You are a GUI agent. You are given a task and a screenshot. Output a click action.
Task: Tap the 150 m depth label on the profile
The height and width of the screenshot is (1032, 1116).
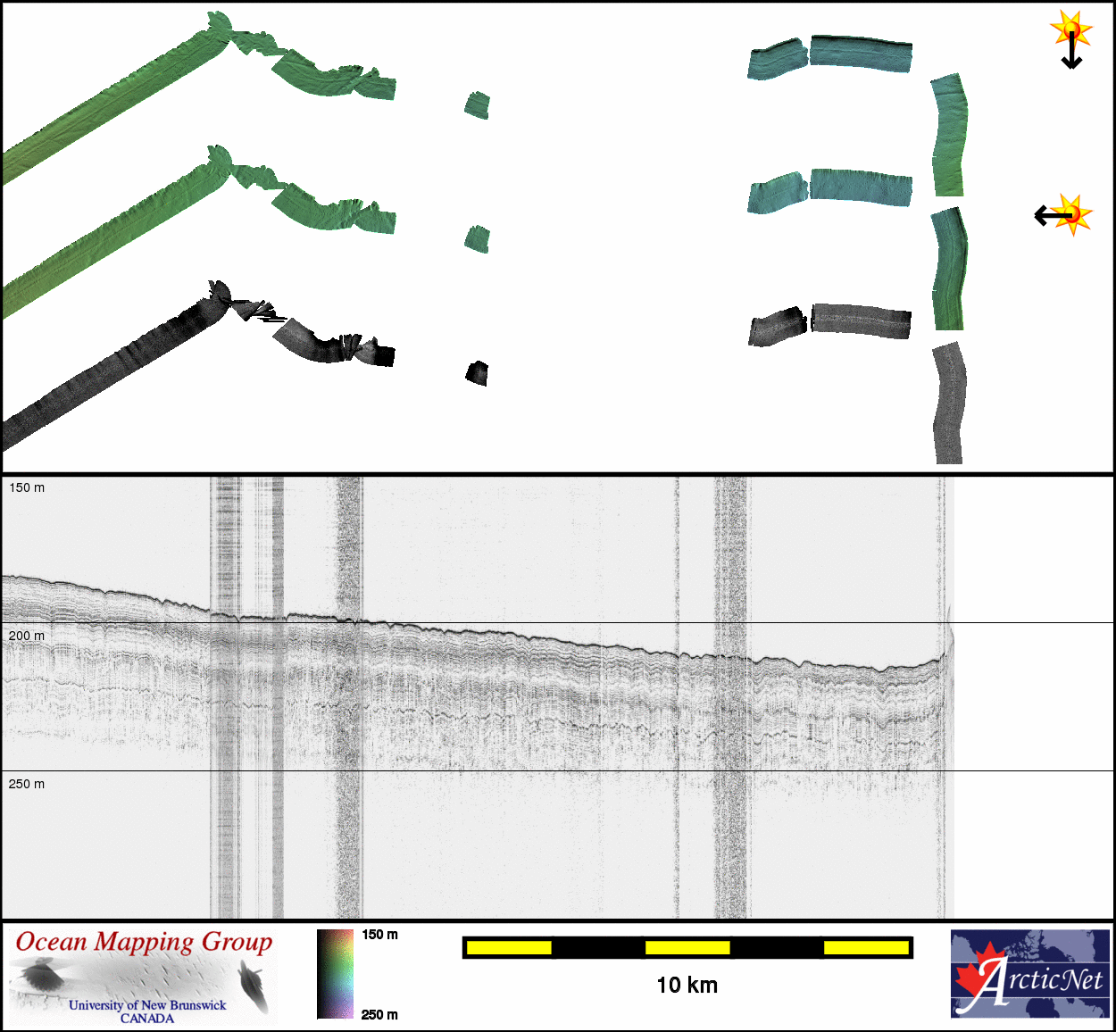(27, 488)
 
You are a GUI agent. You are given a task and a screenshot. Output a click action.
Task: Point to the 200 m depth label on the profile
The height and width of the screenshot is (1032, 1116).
(27, 636)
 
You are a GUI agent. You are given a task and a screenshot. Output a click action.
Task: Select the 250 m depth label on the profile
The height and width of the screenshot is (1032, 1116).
(27, 784)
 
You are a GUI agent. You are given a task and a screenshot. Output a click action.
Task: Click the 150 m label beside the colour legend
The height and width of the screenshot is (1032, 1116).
(379, 935)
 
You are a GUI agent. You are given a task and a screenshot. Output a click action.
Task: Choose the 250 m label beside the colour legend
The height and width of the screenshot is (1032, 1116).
(379, 1014)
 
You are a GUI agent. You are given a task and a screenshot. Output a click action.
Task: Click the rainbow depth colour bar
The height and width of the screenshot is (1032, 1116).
(336, 974)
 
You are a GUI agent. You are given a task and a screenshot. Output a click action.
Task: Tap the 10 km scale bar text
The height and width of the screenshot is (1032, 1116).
(687, 985)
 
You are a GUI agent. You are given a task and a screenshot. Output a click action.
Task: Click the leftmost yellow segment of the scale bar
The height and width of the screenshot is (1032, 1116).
(509, 948)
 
